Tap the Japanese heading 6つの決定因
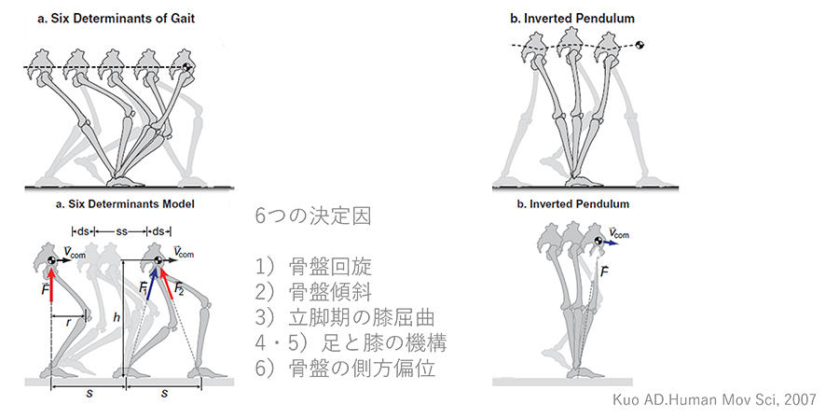[x=312, y=216]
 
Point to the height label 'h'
[x=117, y=317]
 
